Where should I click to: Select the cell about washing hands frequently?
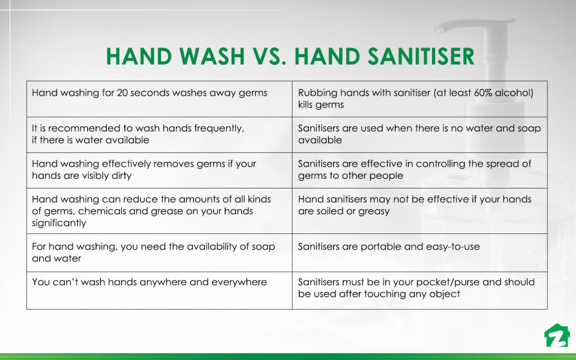[x=159, y=134]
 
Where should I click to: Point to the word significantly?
[x=59, y=223]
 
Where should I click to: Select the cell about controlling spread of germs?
[x=419, y=170]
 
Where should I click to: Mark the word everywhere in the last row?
[x=239, y=282]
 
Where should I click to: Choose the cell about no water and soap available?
[x=419, y=134]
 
